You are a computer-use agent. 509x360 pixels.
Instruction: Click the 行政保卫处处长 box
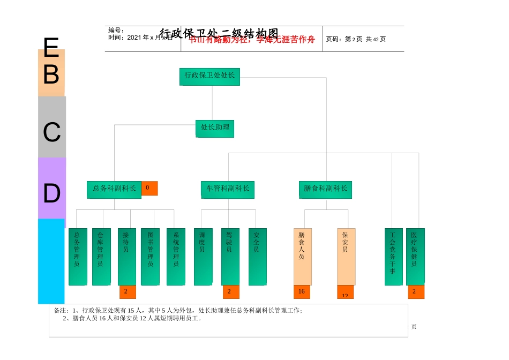point(209,76)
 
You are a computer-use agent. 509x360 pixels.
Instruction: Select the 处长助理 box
point(215,128)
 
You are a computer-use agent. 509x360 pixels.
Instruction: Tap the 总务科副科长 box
point(114,189)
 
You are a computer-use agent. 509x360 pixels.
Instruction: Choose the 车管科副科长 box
point(228,189)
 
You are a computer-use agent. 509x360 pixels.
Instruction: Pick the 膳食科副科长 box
point(325,189)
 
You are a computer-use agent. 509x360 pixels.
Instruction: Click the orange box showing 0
point(149,188)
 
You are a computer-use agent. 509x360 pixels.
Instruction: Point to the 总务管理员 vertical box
point(78,257)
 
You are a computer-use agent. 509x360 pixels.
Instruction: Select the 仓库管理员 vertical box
point(101,257)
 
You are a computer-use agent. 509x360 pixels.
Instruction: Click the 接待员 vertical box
point(126,257)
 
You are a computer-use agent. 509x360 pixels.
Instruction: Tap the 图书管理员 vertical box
point(150,257)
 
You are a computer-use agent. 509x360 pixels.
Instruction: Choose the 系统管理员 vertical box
point(176,257)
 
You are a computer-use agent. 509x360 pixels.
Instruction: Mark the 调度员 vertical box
point(203,257)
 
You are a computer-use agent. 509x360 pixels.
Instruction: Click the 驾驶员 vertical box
point(230,257)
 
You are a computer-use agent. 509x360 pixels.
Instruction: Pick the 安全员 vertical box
point(257,257)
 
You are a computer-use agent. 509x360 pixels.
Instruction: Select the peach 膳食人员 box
point(302,257)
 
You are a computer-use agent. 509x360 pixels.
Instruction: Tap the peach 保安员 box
point(346,257)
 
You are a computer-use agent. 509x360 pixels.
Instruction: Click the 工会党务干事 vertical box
point(393,257)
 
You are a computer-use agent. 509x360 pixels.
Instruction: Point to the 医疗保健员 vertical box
point(415,257)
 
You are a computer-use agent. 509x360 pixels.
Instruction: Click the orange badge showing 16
point(302,292)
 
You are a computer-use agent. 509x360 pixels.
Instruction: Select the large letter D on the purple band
point(51,193)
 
